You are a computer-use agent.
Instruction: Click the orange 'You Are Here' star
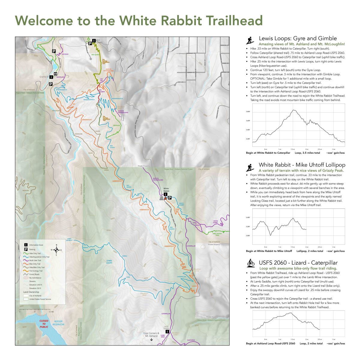pyautogui.click(x=166, y=198)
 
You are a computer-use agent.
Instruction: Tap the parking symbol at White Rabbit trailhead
pyautogui.click(x=169, y=198)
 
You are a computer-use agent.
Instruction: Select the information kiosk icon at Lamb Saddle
pyautogui.click(x=167, y=331)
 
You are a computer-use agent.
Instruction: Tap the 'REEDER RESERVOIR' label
pyautogui.click(x=58, y=323)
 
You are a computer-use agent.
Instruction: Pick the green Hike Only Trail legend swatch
pyautogui.click(x=26, y=253)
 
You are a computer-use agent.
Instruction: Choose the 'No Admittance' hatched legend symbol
pyautogui.click(x=26, y=278)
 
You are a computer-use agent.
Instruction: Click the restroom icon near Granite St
pyautogui.click(x=56, y=73)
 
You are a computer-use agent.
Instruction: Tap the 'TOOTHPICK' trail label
pyautogui.click(x=191, y=340)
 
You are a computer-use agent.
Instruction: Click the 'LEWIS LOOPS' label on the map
pyautogui.click(x=109, y=262)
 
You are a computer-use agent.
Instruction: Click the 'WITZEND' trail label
pyautogui.click(x=65, y=54)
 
